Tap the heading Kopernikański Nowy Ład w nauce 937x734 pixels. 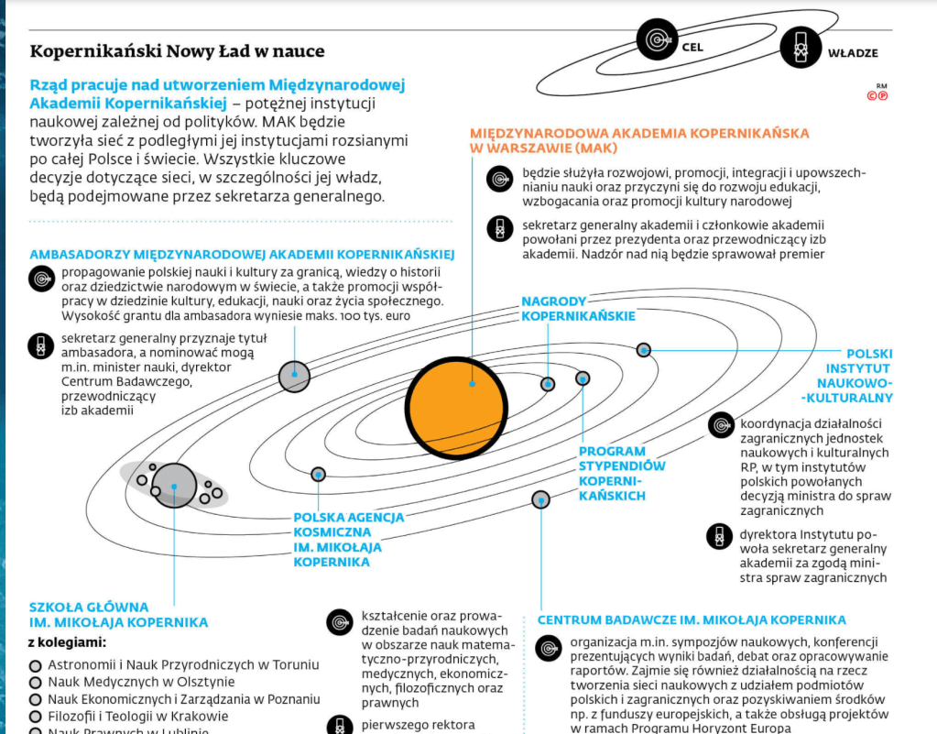(x=178, y=51)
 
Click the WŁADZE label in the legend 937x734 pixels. (x=853, y=52)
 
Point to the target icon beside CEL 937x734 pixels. (x=656, y=40)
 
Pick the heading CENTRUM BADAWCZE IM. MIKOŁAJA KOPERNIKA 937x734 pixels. (x=692, y=620)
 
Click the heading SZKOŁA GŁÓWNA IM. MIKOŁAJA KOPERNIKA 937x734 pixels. (x=118, y=615)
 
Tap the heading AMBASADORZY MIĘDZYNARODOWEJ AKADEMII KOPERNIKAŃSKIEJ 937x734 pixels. (x=242, y=254)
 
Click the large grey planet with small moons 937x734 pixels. (x=174, y=485)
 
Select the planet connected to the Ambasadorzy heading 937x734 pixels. (x=294, y=375)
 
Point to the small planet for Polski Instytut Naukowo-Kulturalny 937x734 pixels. (x=644, y=349)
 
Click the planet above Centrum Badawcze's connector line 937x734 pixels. (x=540, y=499)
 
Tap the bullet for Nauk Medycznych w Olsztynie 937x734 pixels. (x=36, y=683)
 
